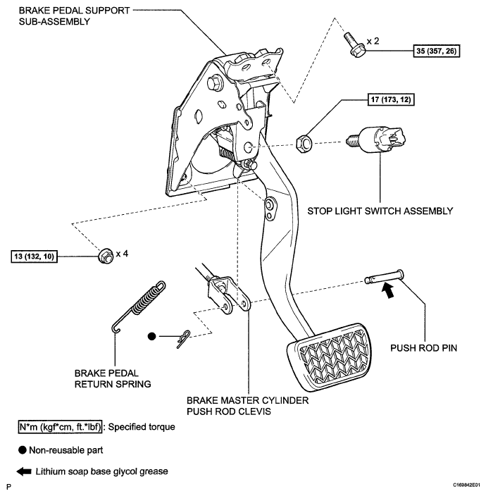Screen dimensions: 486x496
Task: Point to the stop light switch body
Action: tap(377, 140)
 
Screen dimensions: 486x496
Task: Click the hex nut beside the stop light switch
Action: tap(304, 144)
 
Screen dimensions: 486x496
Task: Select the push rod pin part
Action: tap(384, 277)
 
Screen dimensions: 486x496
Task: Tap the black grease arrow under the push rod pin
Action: tap(389, 290)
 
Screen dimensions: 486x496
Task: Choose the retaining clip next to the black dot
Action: tap(183, 339)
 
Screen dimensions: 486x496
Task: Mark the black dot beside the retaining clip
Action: tap(152, 336)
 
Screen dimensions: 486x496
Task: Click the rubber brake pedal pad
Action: tap(329, 356)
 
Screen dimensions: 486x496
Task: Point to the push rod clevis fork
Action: tap(228, 296)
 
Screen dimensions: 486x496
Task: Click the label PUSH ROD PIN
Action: tap(424, 348)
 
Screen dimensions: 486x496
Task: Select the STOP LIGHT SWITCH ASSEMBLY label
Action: tap(380, 211)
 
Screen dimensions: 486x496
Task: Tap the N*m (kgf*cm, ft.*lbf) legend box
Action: tap(60, 427)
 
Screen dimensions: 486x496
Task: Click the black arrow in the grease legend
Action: tap(24, 471)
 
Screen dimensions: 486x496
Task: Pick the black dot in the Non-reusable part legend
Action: tap(22, 450)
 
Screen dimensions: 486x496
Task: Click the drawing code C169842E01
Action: tap(466, 485)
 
